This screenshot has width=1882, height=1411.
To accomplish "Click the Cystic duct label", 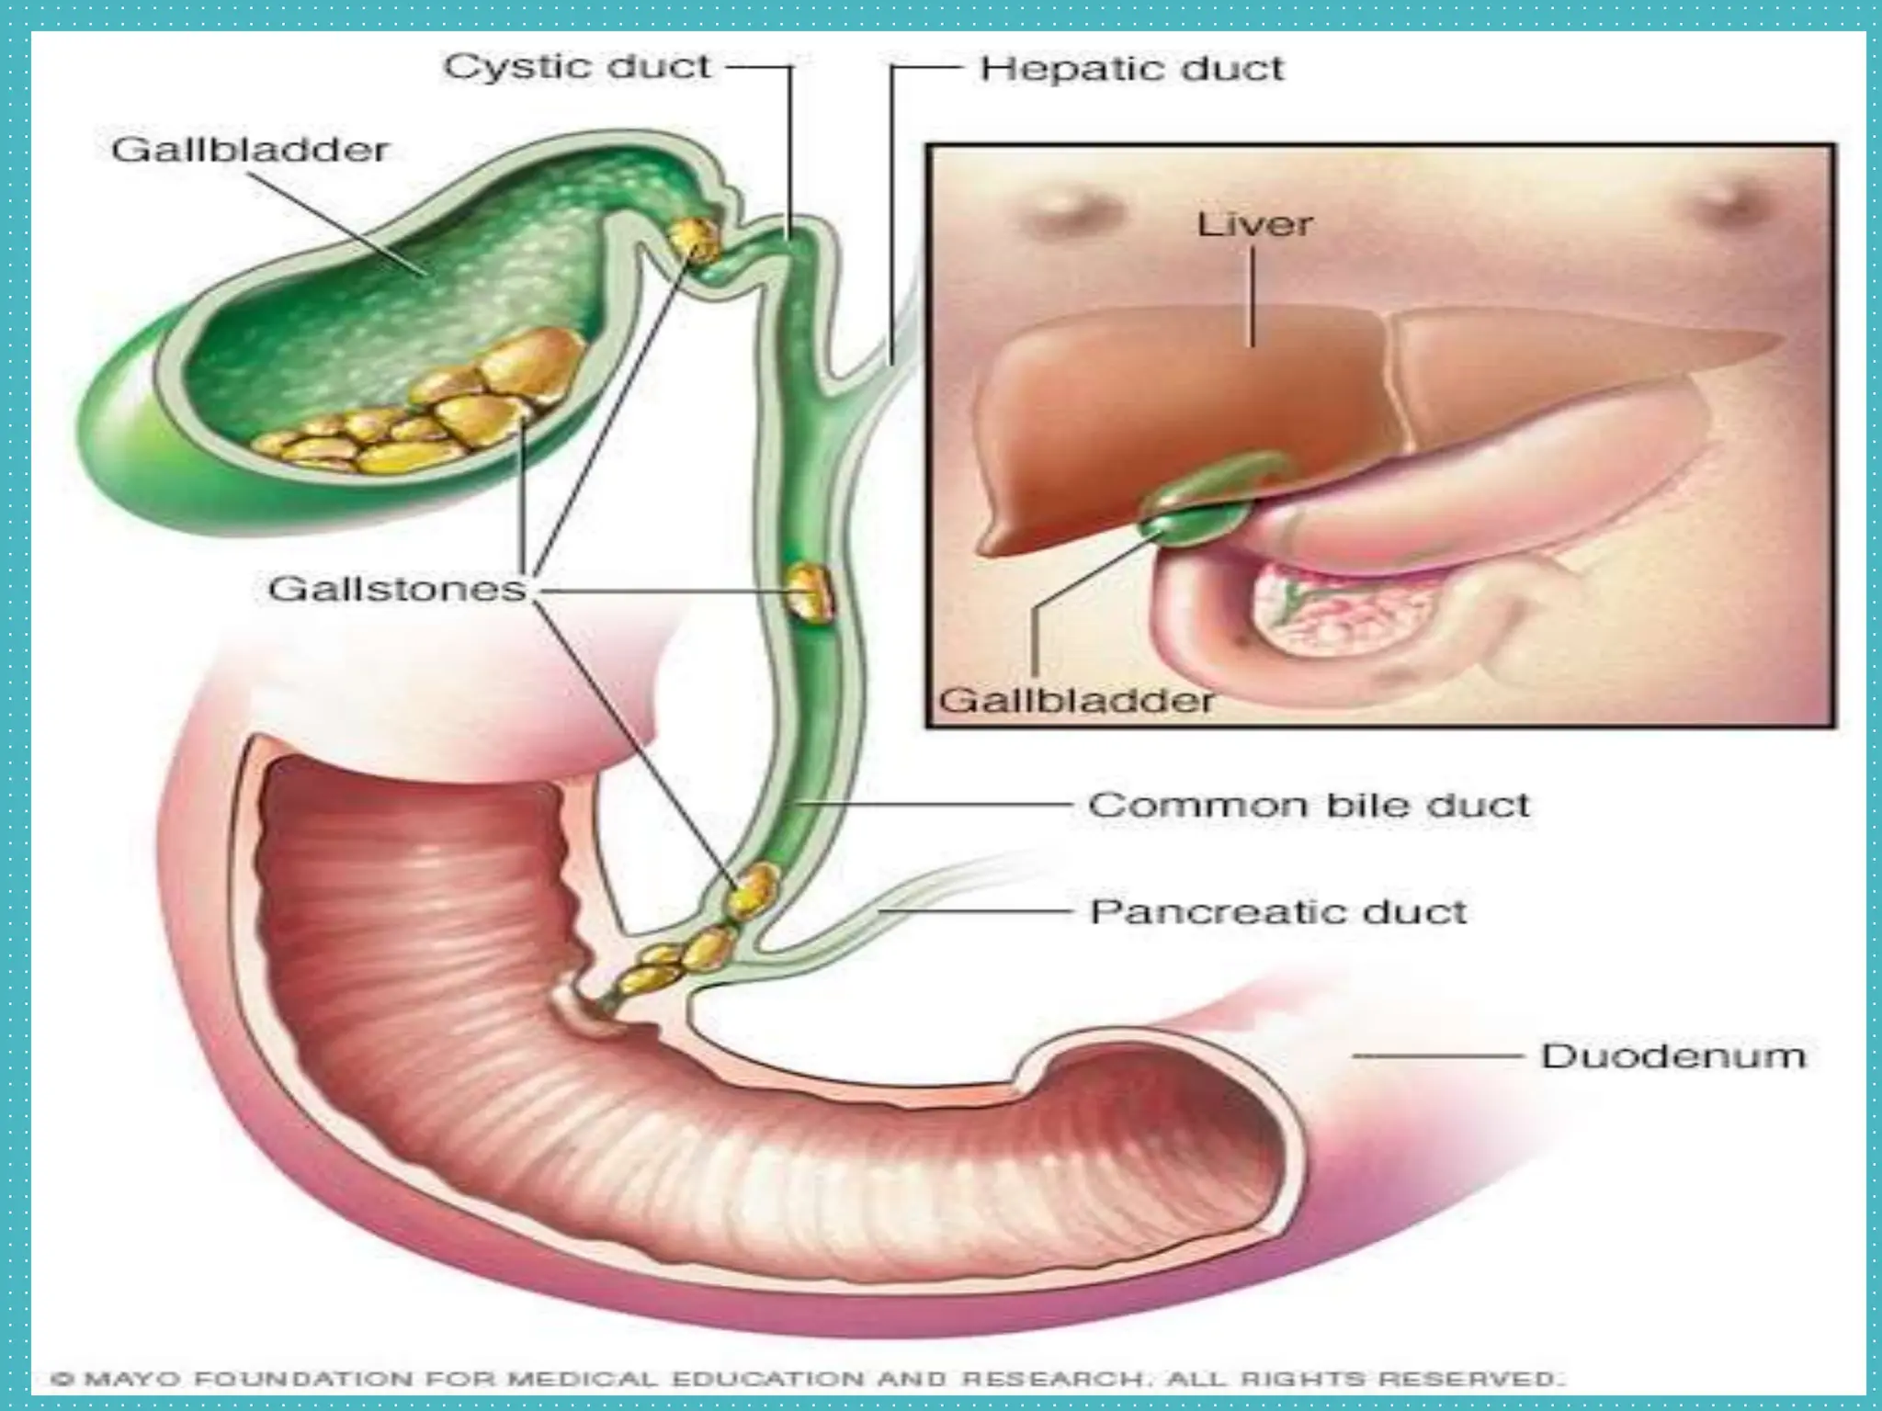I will pyautogui.click(x=577, y=67).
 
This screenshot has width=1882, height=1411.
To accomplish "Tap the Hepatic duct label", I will pyautogui.click(x=1131, y=69).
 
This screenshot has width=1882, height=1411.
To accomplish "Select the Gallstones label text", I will pyautogui.click(x=397, y=589).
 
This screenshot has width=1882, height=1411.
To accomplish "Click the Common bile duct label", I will pyautogui.click(x=1309, y=806).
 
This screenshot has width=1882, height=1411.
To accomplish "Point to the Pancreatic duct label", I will pyautogui.click(x=1277, y=912).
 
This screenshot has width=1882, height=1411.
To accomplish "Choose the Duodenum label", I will pyautogui.click(x=1672, y=1055).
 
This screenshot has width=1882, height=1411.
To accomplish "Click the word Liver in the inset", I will pyautogui.click(x=1254, y=225).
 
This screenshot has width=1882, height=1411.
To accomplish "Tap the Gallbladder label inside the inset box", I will pyautogui.click(x=1075, y=701).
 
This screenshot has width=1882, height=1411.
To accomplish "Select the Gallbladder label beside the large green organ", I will pyautogui.click(x=250, y=150).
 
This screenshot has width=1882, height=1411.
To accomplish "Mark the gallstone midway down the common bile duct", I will pyautogui.click(x=810, y=593).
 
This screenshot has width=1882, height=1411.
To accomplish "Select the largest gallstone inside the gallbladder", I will pyautogui.click(x=533, y=363).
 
